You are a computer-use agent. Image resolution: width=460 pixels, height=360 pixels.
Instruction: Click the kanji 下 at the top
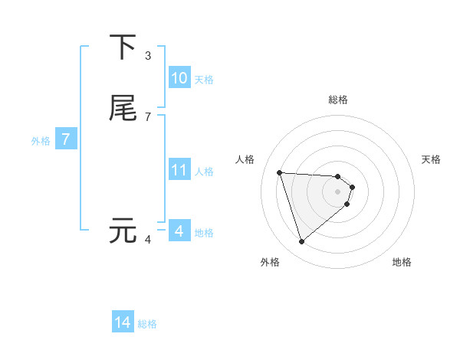pos(123,47)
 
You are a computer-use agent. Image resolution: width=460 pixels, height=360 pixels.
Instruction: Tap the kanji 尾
pos(123,108)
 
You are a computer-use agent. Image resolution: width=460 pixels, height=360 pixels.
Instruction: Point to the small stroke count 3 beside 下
pos(147,56)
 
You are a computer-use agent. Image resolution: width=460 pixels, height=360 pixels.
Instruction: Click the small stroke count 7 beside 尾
pos(147,116)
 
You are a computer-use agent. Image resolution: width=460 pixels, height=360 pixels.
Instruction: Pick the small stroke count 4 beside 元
pos(147,239)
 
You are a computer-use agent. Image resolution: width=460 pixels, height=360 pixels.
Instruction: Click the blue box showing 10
pos(179,78)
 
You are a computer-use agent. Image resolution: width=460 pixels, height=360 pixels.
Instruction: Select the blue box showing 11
pos(179,170)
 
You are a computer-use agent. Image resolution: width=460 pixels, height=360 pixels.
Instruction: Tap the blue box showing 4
pos(179,231)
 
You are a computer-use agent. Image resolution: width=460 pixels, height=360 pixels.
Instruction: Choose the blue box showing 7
pos(66,139)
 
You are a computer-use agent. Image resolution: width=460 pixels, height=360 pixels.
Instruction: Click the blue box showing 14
pos(123,322)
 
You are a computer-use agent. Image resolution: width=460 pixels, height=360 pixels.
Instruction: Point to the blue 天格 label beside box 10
pos(204,80)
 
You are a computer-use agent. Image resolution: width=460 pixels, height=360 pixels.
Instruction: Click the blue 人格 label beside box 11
pos(204,172)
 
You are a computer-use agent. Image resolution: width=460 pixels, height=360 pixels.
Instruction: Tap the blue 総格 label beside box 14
pos(147,324)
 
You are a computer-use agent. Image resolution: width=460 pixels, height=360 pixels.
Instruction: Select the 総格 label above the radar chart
pos(338,100)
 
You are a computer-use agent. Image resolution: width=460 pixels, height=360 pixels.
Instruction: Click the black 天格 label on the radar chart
pos(431,159)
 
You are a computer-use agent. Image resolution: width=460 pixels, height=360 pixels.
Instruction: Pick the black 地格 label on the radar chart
pos(402,262)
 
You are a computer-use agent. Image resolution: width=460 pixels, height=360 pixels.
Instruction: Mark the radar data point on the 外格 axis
pos(301,242)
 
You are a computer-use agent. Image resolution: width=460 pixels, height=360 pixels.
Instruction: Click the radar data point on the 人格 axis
pos(279,172)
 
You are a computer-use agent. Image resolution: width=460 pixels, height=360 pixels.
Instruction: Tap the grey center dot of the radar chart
pos(338,191)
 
